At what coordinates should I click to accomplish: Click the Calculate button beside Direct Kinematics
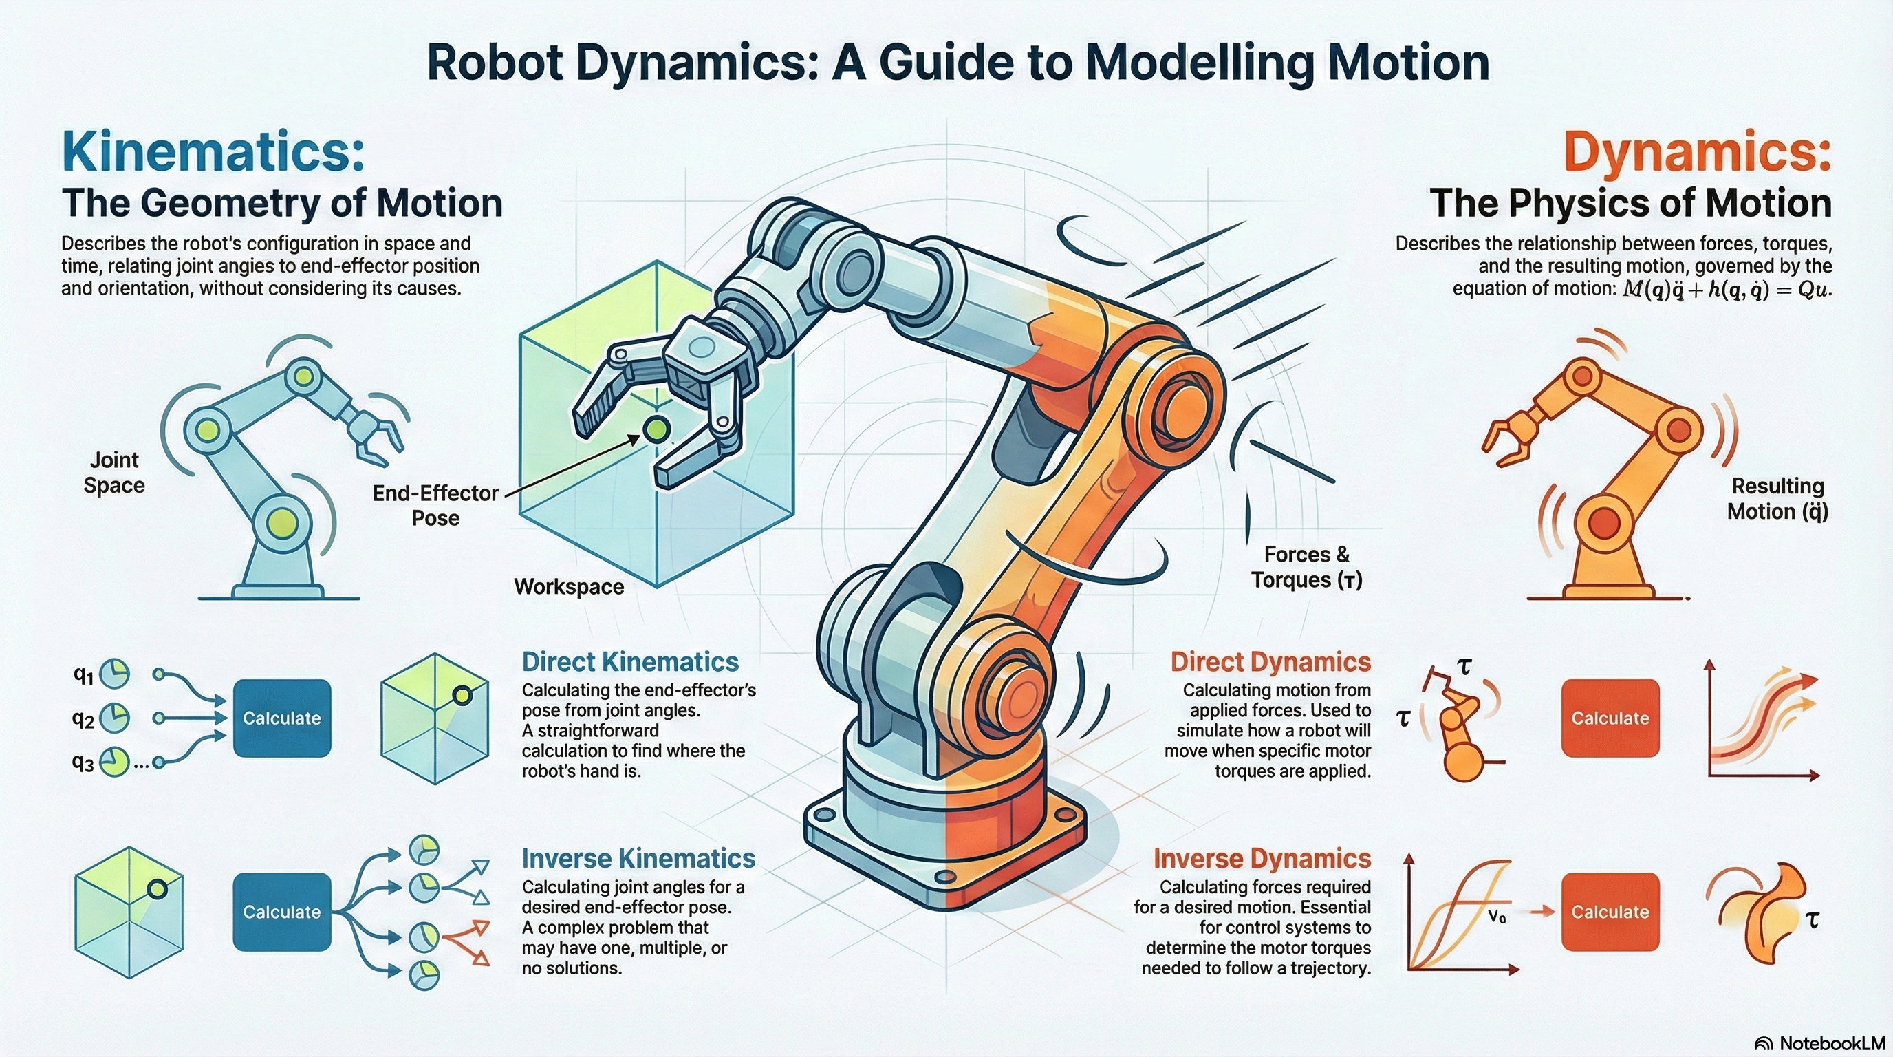pyautogui.click(x=281, y=718)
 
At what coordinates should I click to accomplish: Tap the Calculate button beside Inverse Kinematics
pyautogui.click(x=281, y=912)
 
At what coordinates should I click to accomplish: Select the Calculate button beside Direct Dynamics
pyautogui.click(x=1610, y=718)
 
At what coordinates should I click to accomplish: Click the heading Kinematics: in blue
pyautogui.click(x=213, y=151)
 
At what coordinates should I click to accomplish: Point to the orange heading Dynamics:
pyautogui.click(x=1697, y=151)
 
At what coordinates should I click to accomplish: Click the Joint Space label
pyautogui.click(x=114, y=473)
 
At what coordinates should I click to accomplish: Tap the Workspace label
pyautogui.click(x=569, y=586)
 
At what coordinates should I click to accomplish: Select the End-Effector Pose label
pyautogui.click(x=436, y=505)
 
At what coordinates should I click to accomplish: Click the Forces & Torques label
pyautogui.click(x=1306, y=567)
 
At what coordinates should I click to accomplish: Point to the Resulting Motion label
pyautogui.click(x=1777, y=498)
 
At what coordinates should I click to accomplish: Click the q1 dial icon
pyautogui.click(x=114, y=673)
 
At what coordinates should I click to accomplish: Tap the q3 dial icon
pyautogui.click(x=114, y=762)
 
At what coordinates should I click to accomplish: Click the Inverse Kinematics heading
pyautogui.click(x=638, y=859)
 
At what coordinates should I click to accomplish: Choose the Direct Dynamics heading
pyautogui.click(x=1270, y=661)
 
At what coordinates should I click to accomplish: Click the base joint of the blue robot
pyautogui.click(x=283, y=524)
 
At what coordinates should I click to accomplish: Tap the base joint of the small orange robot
pyautogui.click(x=1604, y=524)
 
